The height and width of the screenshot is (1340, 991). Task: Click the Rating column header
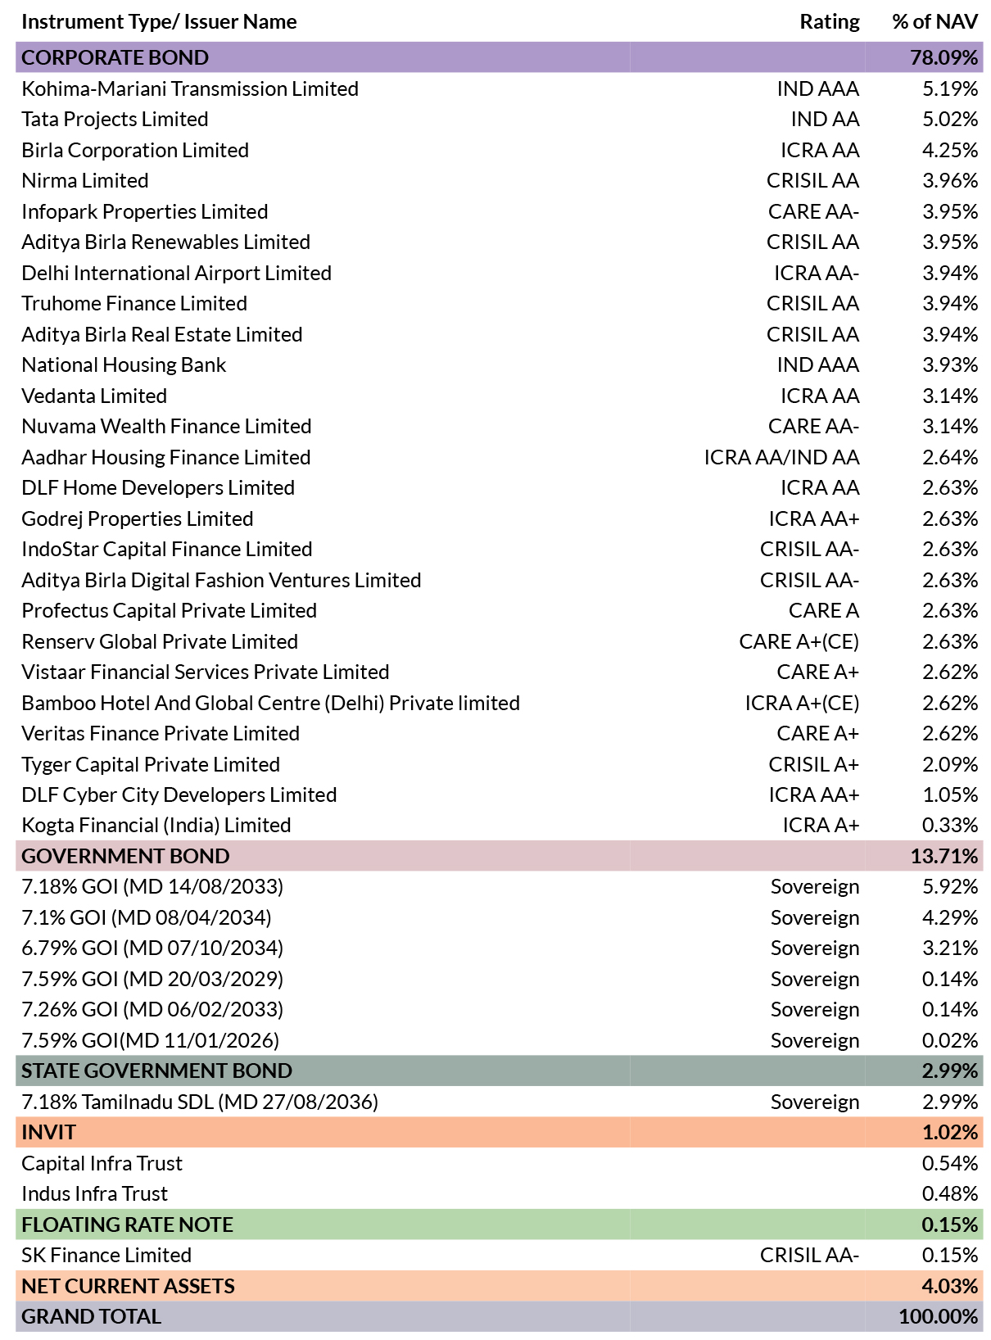(829, 22)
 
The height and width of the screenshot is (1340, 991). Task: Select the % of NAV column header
(934, 22)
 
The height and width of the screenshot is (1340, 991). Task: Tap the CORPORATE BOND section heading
(115, 57)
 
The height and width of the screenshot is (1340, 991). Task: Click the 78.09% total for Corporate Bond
(943, 57)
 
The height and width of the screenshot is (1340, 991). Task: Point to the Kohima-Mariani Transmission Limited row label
(190, 88)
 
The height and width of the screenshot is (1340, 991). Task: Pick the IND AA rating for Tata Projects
(825, 119)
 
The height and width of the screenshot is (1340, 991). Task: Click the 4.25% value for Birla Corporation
(949, 150)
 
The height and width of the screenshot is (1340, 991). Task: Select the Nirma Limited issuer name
(84, 181)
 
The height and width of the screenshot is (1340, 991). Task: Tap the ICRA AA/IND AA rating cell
(781, 457)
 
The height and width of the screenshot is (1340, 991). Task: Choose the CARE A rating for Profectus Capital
(824, 610)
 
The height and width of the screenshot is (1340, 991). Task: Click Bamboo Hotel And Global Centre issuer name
(270, 703)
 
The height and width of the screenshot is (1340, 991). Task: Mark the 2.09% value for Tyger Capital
(949, 764)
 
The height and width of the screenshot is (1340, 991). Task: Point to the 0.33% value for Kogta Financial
(949, 825)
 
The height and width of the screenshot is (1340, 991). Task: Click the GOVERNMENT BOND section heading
(125, 856)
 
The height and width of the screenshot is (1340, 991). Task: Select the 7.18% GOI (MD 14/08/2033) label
(152, 886)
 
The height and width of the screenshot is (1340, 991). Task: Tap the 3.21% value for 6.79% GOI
(949, 948)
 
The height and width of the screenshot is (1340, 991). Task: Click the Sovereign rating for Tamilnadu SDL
(815, 1102)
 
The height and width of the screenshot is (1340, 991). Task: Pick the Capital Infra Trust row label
(102, 1163)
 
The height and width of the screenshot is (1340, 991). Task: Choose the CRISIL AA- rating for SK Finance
(809, 1255)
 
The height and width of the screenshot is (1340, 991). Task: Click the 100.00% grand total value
(938, 1316)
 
